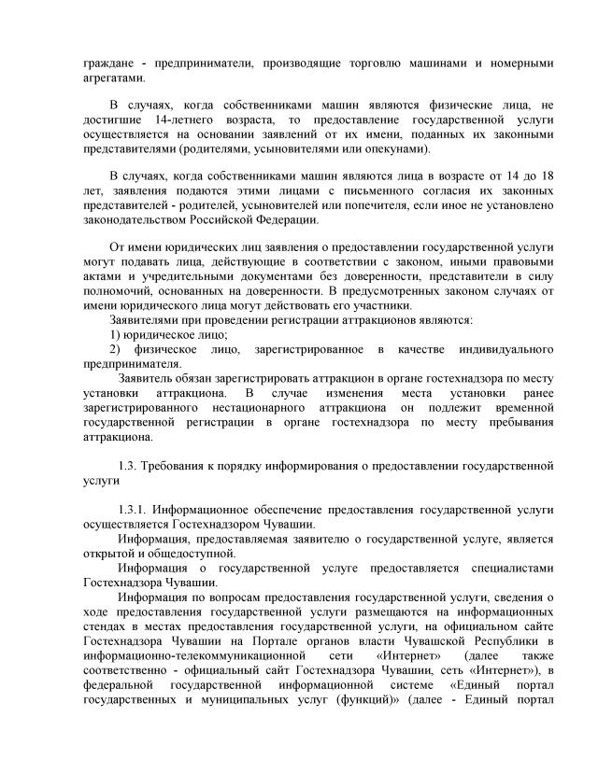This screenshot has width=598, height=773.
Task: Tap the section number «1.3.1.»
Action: [x=137, y=511]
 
